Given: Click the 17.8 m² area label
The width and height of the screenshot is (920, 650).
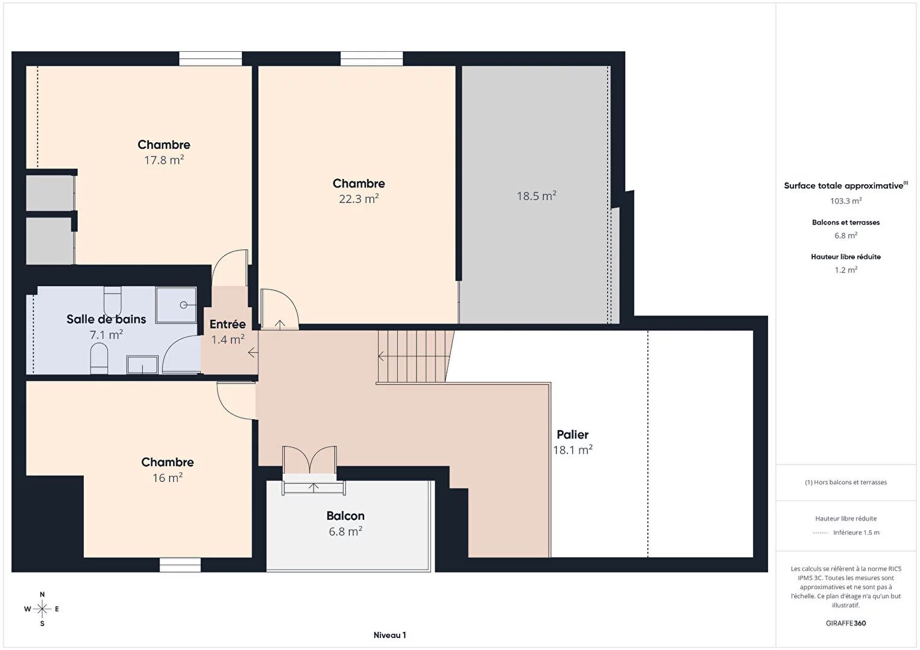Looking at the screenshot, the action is [x=164, y=160].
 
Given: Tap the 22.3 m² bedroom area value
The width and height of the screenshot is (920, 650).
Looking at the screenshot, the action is [x=359, y=199].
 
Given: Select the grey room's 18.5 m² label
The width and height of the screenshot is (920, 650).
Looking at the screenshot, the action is [x=537, y=196].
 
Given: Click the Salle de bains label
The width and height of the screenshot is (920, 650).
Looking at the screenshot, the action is [x=106, y=319].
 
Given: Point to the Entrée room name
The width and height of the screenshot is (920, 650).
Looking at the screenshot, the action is [x=227, y=324].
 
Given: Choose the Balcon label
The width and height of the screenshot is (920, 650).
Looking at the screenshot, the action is [x=345, y=516].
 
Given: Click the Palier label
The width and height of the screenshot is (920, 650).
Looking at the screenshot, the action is [x=573, y=434].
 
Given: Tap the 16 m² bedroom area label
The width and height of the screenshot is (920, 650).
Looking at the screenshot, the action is [x=168, y=478].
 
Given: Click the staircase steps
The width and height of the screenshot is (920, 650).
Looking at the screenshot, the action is [x=415, y=357].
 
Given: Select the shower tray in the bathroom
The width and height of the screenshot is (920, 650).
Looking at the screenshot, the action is [x=176, y=305].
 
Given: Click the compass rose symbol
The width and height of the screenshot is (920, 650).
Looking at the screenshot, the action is [x=42, y=609].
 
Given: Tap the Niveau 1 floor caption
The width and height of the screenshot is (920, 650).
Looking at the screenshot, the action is [x=390, y=635].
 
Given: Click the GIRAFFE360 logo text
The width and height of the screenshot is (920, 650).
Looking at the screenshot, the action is [x=846, y=623].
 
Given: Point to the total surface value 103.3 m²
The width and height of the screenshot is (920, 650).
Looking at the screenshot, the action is [x=846, y=201].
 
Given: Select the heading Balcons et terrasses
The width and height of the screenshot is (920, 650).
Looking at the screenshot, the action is [x=846, y=222].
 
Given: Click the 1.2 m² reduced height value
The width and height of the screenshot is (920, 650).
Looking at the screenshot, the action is [x=846, y=270].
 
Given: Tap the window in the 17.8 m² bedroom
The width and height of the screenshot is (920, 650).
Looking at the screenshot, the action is [x=210, y=58].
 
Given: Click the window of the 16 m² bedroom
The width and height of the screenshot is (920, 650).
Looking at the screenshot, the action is [x=180, y=564].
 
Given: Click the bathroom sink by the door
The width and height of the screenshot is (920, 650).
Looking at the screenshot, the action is [x=142, y=364].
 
